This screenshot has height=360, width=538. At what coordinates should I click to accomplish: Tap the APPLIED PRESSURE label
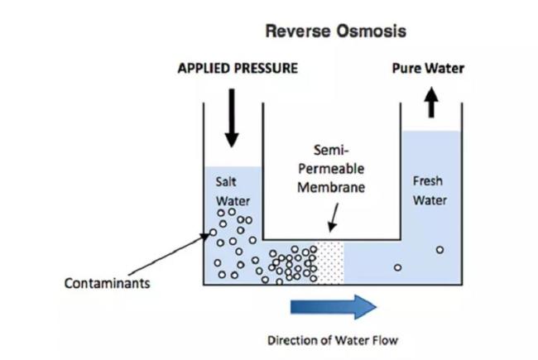238,69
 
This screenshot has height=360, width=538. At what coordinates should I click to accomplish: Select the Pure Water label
428,69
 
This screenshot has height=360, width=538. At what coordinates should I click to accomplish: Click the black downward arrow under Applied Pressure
232,116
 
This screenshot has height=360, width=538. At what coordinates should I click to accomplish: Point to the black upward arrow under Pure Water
430,103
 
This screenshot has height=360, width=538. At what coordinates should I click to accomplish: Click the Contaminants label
108,284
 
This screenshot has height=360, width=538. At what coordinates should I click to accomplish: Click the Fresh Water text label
430,190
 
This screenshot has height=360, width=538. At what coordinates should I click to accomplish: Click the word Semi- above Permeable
331,151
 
